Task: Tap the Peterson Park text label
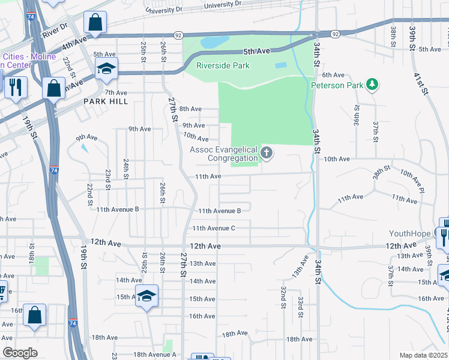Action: point(337,85)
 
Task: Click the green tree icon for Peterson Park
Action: point(372,85)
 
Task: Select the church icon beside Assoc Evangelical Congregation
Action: point(266,154)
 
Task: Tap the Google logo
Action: point(20,353)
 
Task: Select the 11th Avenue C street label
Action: point(213,228)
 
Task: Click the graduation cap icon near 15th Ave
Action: point(146,296)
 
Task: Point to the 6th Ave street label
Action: point(333,75)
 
